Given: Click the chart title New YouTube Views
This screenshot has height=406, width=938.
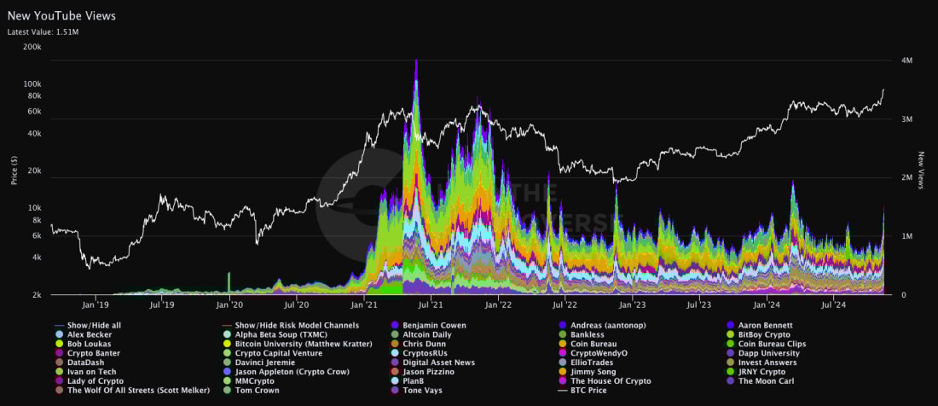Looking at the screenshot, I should [x=61, y=15].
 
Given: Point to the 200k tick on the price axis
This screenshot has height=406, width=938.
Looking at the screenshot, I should [x=32, y=47].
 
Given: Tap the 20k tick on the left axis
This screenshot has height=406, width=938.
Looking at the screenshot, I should [x=34, y=171].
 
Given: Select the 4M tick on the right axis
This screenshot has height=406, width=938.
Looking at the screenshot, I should [x=907, y=61].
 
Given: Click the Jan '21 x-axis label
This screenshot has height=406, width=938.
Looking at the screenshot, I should [x=364, y=304].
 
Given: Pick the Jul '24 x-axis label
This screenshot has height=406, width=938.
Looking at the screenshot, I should [x=833, y=304].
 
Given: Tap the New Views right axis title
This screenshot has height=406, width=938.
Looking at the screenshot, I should [x=922, y=170].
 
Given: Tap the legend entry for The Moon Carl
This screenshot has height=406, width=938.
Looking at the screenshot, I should [x=766, y=381].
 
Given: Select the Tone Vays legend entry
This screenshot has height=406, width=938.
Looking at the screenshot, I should [x=424, y=391].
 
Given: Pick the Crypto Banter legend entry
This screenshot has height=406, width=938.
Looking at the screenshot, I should [x=94, y=353].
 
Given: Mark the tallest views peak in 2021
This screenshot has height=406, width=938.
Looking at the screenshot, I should [x=416, y=61].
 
